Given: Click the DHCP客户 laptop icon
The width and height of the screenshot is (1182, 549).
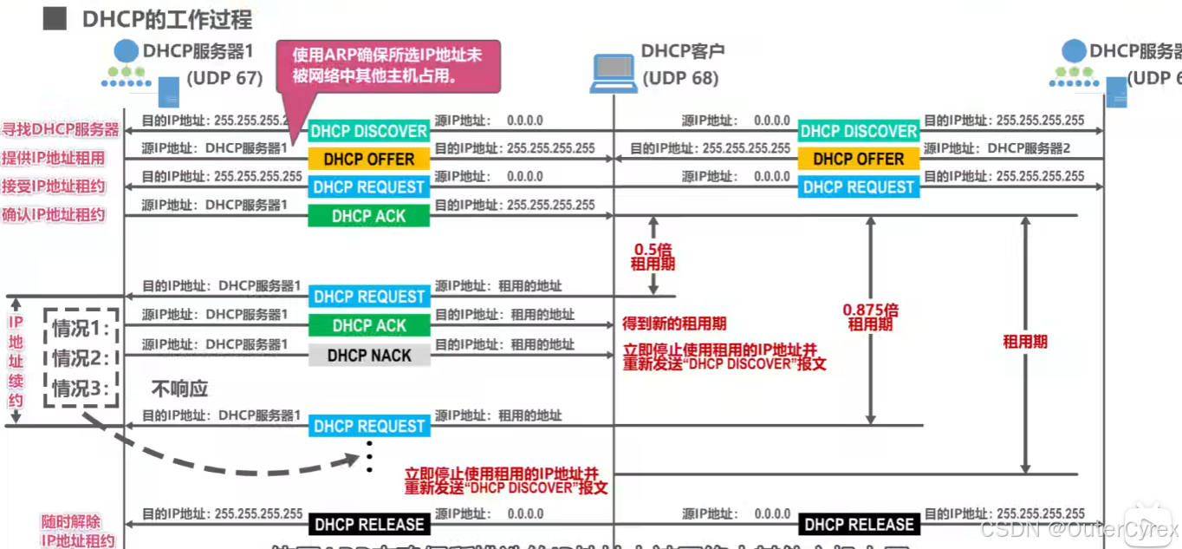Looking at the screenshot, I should (x=613, y=73).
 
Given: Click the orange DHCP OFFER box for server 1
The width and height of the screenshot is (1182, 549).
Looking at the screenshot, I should (x=369, y=160).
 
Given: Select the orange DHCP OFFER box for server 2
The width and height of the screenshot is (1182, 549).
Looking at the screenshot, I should (x=858, y=160).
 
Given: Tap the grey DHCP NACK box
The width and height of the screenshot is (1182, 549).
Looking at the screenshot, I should (x=369, y=356).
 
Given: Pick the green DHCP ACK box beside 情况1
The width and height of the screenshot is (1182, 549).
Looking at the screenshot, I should (x=369, y=326).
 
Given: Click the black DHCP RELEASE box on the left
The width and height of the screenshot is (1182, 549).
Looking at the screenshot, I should (x=369, y=525).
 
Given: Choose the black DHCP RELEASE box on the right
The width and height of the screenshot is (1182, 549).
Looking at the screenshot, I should (x=858, y=525).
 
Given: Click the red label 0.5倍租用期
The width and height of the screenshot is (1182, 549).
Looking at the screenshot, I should (x=653, y=256).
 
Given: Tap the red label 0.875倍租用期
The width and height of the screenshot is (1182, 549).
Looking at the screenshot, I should (x=870, y=317).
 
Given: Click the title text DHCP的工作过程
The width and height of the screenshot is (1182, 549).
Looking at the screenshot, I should (x=167, y=19).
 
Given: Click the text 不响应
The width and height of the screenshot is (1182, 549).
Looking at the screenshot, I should (x=180, y=389).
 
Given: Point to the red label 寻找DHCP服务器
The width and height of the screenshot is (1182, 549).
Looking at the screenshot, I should (x=60, y=130).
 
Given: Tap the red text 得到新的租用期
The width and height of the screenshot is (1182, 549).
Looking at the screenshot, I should (x=674, y=324).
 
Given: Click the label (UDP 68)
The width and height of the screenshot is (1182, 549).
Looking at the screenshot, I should (x=680, y=78).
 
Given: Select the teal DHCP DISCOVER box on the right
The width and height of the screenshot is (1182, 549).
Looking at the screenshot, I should (x=858, y=131).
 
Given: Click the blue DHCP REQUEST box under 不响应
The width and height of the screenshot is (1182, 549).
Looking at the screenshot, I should (x=369, y=427).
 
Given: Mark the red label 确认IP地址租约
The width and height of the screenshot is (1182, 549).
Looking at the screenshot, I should (x=54, y=214).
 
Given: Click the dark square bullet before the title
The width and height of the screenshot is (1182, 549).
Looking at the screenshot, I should (x=55, y=18).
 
